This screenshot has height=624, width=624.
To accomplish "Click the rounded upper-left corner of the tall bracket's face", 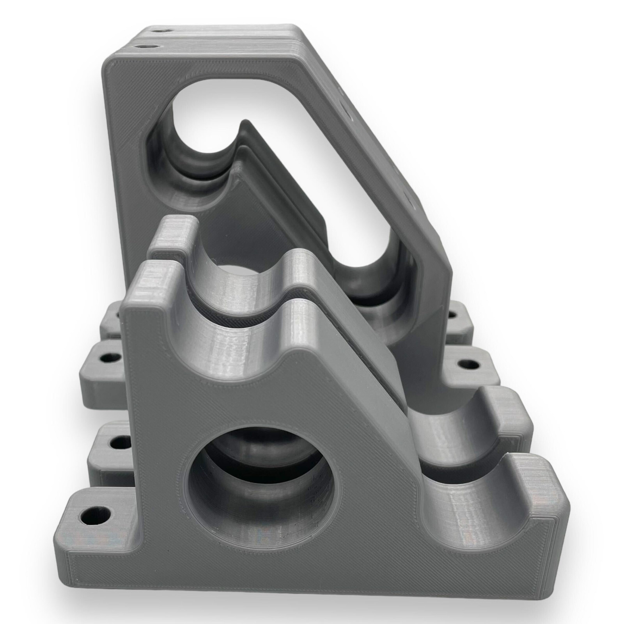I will [x=113, y=66].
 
